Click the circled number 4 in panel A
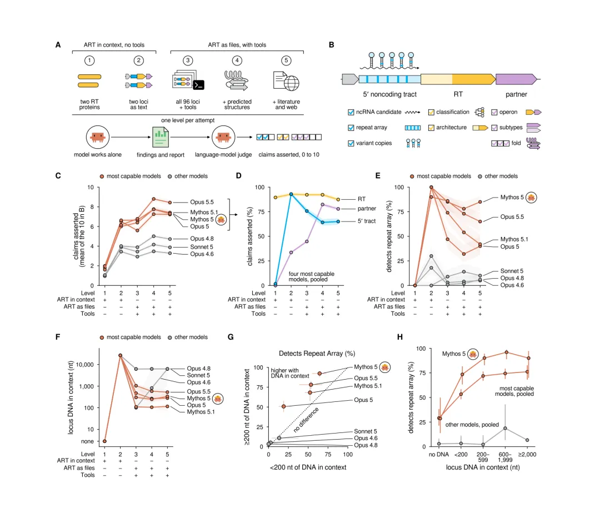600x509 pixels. pyautogui.click(x=237, y=61)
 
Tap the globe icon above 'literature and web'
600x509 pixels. pyautogui.click(x=291, y=83)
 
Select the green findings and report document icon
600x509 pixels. pyautogui.click(x=161, y=138)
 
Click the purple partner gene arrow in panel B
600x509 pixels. pyautogui.click(x=516, y=79)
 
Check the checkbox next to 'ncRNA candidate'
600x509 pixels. pyautogui.click(x=351, y=112)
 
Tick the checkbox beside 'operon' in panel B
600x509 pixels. pyautogui.click(x=494, y=112)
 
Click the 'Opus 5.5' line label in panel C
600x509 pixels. pyautogui.click(x=202, y=202)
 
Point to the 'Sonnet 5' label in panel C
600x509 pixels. pyautogui.click(x=201, y=247)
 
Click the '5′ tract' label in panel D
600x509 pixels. pyautogui.click(x=367, y=221)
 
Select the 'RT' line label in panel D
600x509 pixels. pyautogui.click(x=362, y=199)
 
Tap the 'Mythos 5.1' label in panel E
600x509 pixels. pyautogui.click(x=514, y=239)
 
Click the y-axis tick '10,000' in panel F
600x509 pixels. pyautogui.click(x=84, y=365)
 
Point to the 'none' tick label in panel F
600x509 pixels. pyautogui.click(x=87, y=441)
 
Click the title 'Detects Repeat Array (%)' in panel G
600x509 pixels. pyautogui.click(x=317, y=354)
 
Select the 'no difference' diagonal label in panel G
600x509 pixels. pyautogui.click(x=306, y=420)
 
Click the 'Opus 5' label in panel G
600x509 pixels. pyautogui.click(x=363, y=400)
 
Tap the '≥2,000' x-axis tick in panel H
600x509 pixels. pyautogui.click(x=527, y=454)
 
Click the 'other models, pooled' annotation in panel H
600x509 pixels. pyautogui.click(x=472, y=425)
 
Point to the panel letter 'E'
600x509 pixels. pyautogui.click(x=378, y=176)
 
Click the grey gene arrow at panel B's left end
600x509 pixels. pyautogui.click(x=350, y=79)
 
